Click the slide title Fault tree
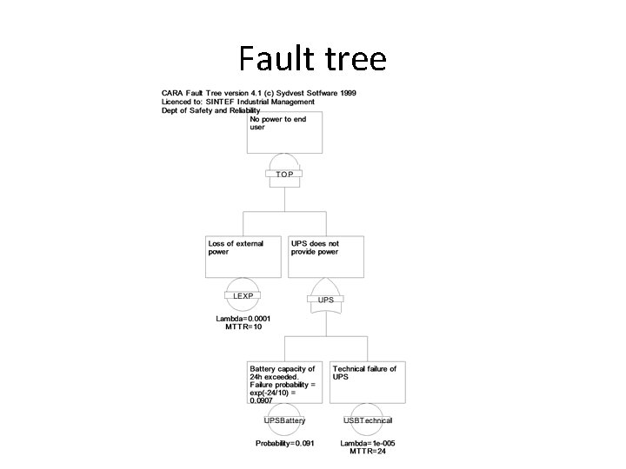point(312,59)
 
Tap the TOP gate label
point(284,175)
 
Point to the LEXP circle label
point(243,296)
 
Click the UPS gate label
point(326,300)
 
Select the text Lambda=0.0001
point(243,318)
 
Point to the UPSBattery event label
point(285,420)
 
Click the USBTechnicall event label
point(368,420)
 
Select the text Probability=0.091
point(285,443)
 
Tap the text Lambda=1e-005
point(368,443)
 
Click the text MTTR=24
point(368,452)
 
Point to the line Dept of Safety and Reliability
point(211,110)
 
